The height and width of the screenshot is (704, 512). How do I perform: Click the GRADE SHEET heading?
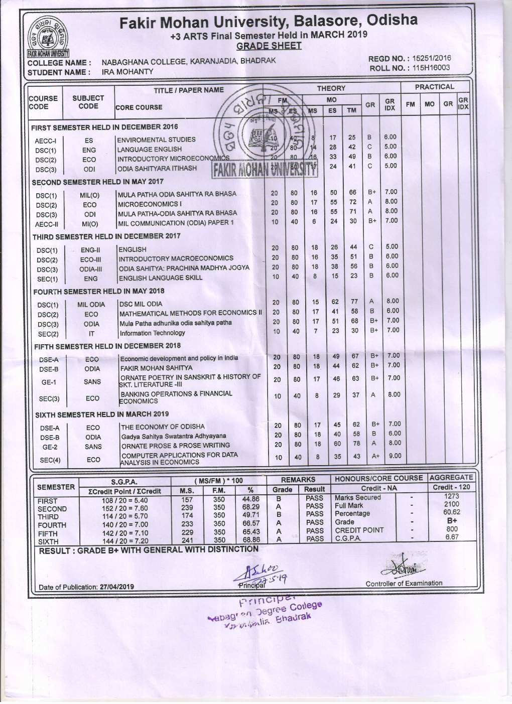point(269,46)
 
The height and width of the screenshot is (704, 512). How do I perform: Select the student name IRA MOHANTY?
point(127,72)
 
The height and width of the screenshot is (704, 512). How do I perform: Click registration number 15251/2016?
point(431,58)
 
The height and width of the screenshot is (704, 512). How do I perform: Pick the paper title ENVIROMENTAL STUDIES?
point(156,139)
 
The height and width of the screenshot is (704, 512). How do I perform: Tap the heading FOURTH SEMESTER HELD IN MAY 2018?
point(99,292)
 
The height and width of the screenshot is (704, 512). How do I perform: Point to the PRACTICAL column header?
point(434,87)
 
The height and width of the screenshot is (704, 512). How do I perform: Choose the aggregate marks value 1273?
point(451,496)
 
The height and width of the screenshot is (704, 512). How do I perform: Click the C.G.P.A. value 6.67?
point(451,537)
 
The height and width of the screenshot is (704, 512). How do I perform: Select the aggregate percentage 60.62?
point(451,512)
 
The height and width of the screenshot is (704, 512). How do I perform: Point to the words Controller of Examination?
point(404,583)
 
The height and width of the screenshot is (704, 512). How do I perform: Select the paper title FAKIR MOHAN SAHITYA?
point(149,368)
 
